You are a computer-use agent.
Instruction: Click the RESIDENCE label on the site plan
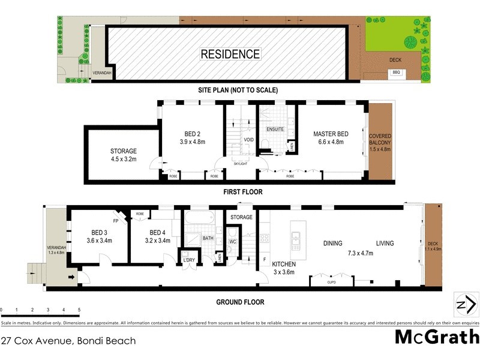pyautogui.click(x=230, y=54)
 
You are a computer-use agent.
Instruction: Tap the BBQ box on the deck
pyautogui.click(x=396, y=73)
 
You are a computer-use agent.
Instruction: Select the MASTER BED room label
pyautogui.click(x=331, y=134)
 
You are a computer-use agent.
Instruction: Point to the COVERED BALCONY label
pyautogui.click(x=380, y=143)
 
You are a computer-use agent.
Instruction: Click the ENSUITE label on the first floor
pyautogui.click(x=275, y=129)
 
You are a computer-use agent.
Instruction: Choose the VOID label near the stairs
pyautogui.click(x=248, y=140)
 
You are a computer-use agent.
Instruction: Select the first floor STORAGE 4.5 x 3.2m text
pyautogui.click(x=124, y=155)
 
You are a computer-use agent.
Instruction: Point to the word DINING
pyautogui.click(x=332, y=244)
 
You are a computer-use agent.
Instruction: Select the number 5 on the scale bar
pyautogui.click(x=79, y=310)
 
